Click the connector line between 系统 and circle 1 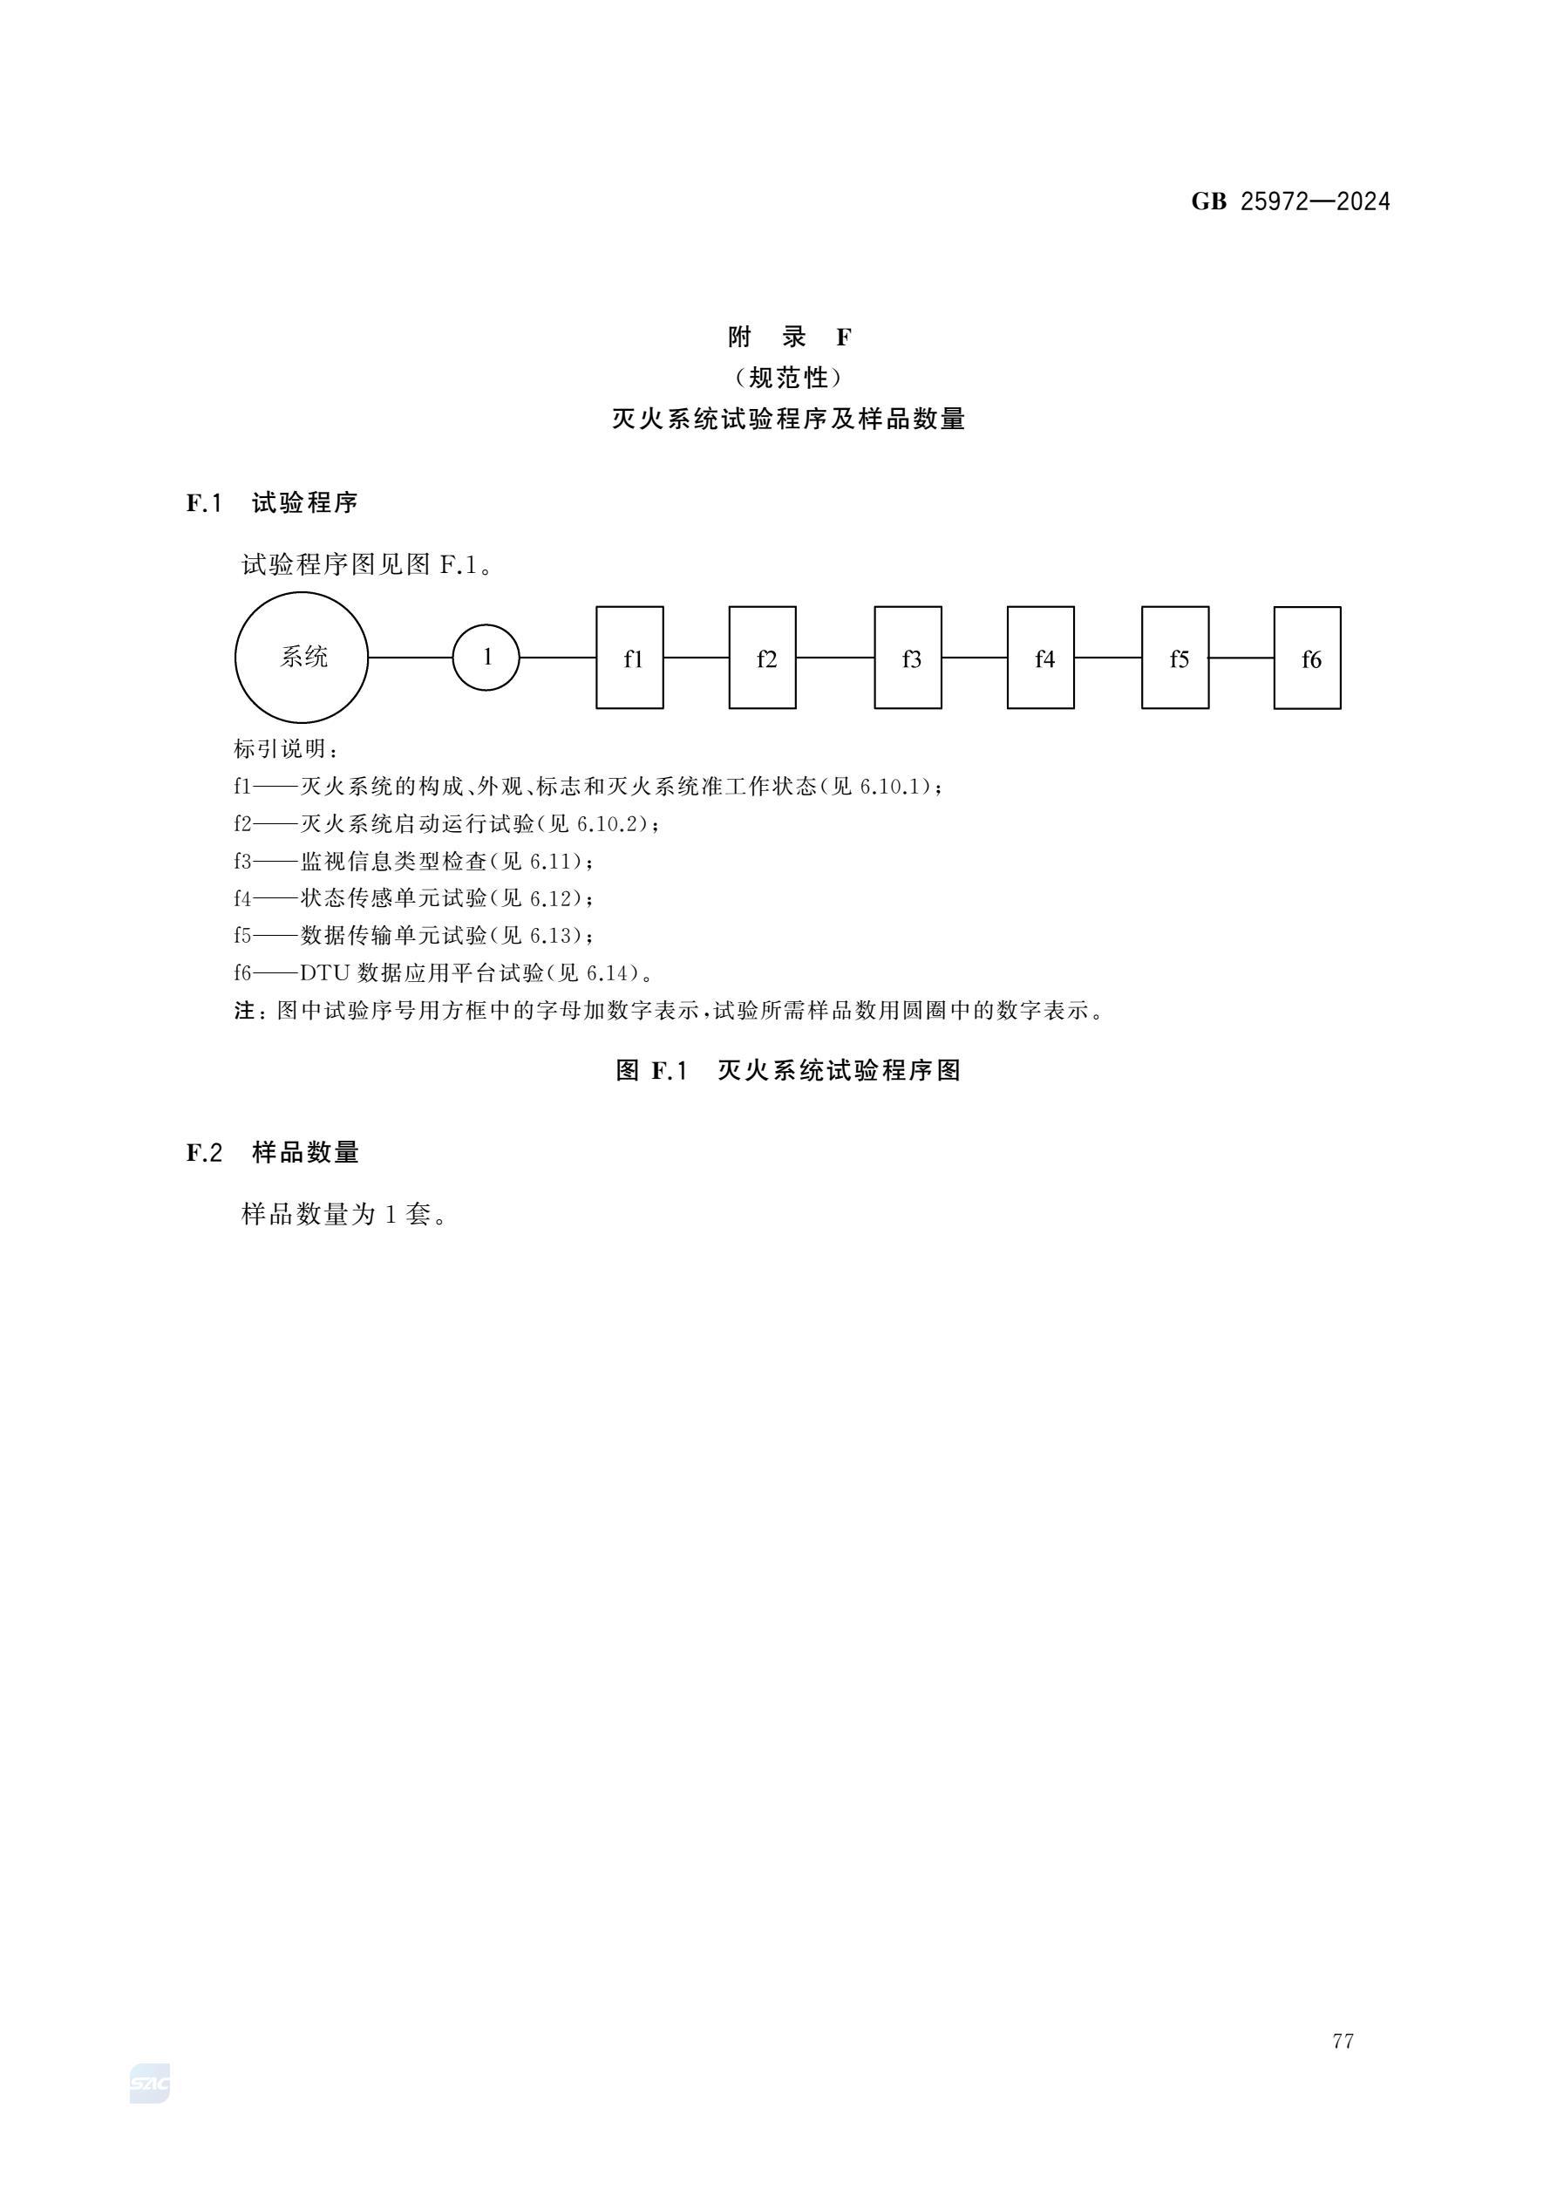[x=411, y=658]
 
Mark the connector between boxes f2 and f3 [x=835, y=658]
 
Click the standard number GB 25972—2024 [x=1290, y=201]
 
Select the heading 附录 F [x=789, y=337]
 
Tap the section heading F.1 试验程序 [x=273, y=502]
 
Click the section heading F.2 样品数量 [x=273, y=1152]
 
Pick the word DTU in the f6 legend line [x=324, y=973]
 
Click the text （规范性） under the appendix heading [x=789, y=378]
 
